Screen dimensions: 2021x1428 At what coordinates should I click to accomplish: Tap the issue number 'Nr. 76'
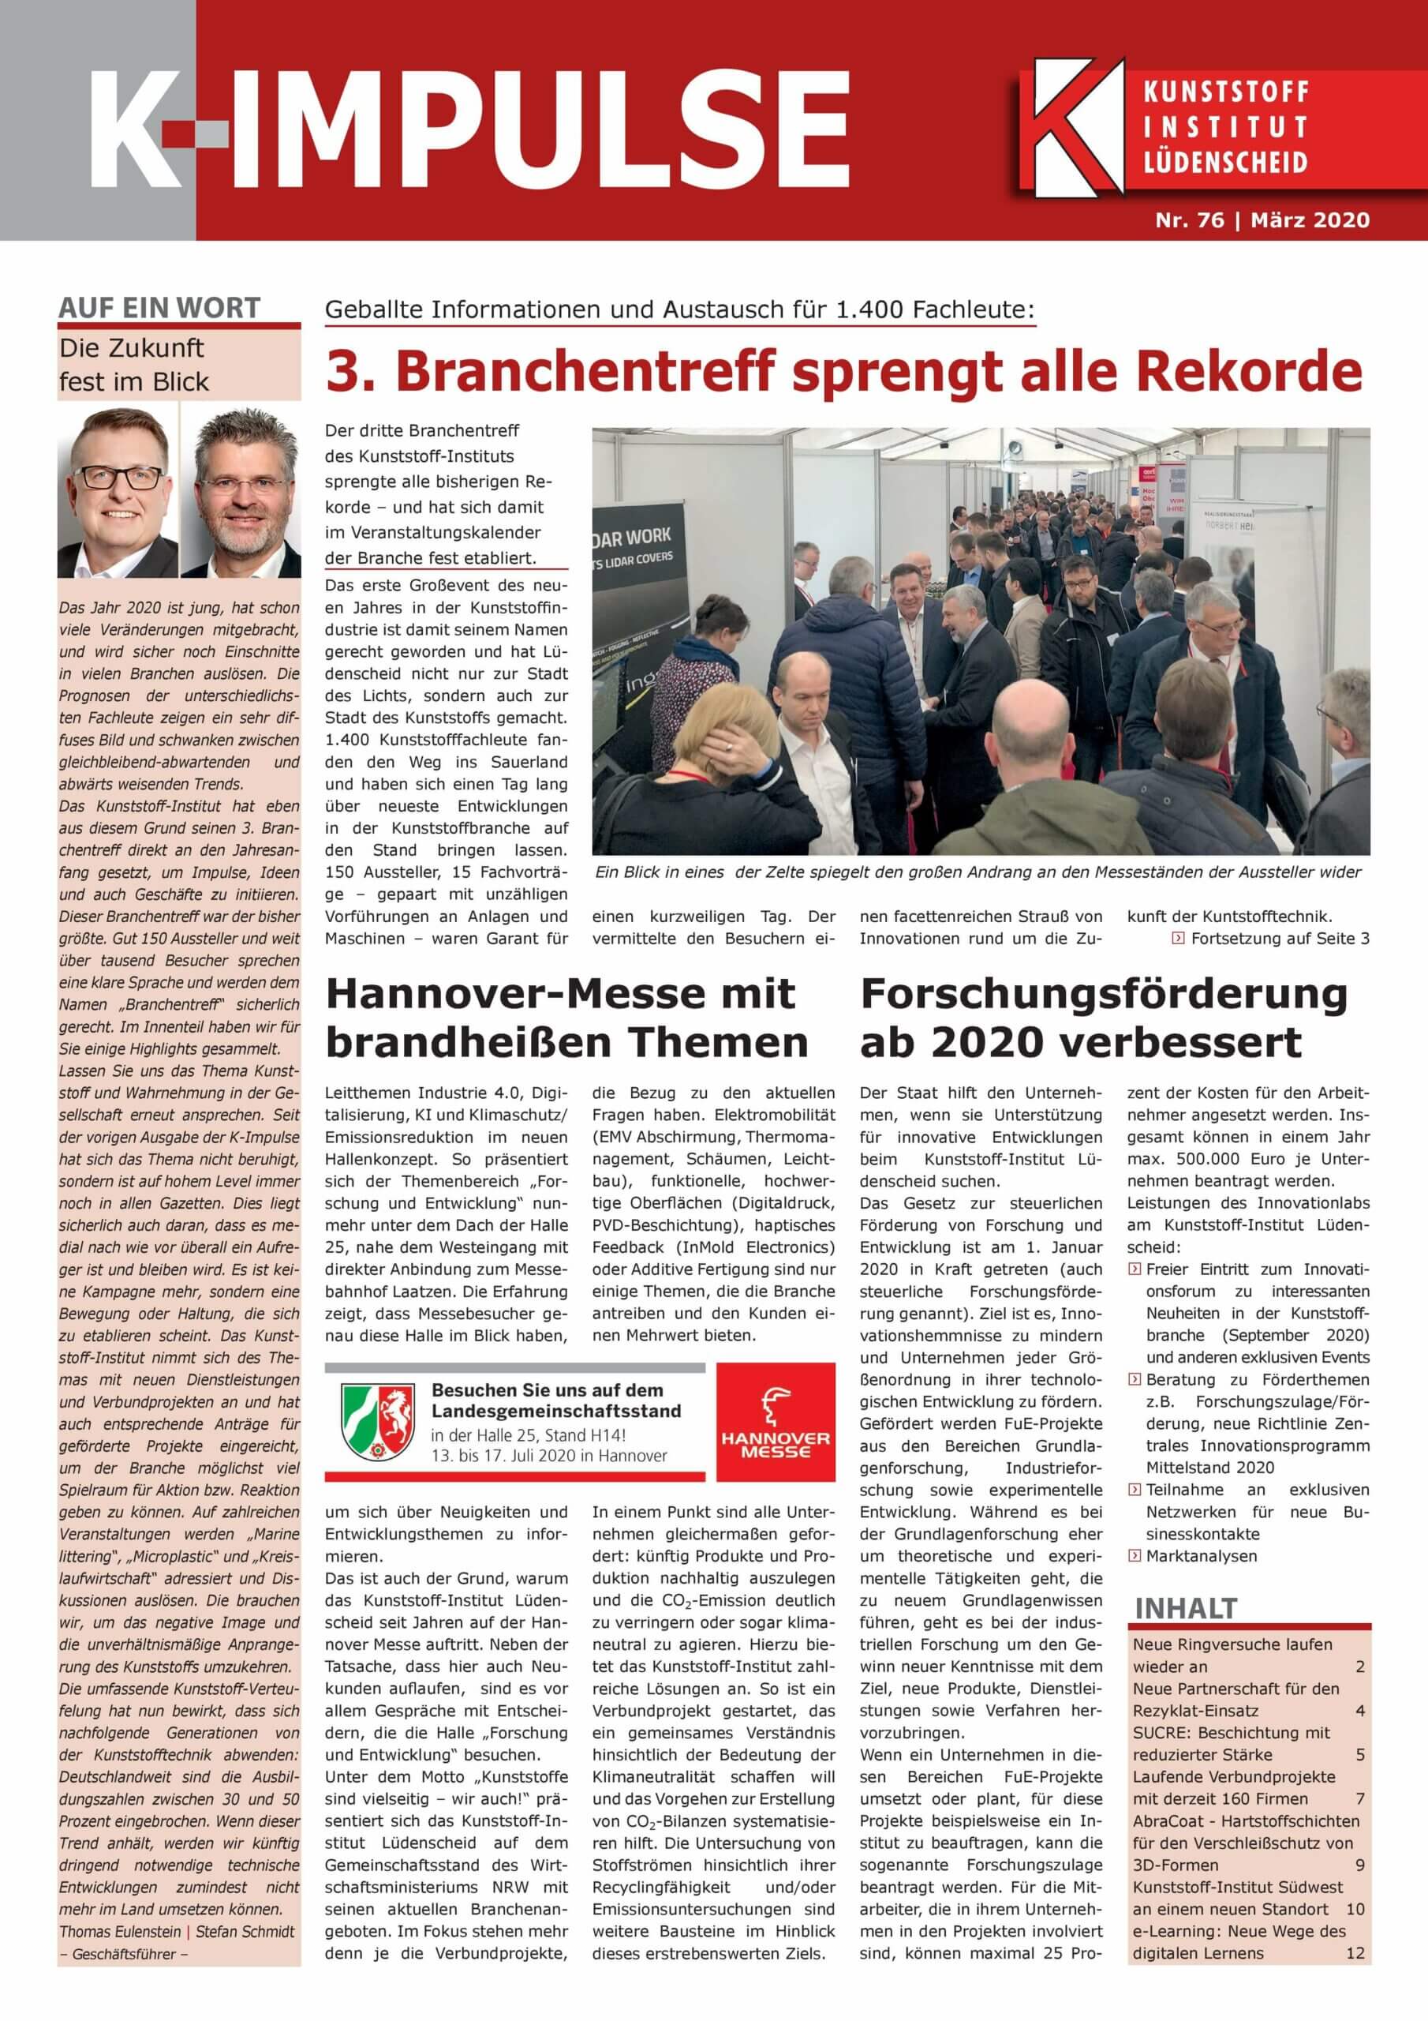pyautogui.click(x=1190, y=220)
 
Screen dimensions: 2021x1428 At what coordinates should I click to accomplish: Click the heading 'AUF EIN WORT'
pyautogui.click(x=159, y=308)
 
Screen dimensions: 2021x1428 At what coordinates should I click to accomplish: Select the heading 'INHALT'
pyautogui.click(x=1185, y=1608)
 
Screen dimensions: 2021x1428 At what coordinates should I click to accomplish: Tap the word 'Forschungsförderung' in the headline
pyautogui.click(x=1103, y=995)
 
